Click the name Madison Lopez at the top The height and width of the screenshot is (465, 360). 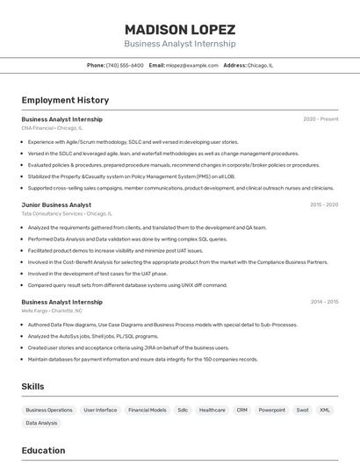click(179, 29)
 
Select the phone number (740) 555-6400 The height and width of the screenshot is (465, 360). click(125, 65)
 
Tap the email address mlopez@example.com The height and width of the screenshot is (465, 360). click(192, 65)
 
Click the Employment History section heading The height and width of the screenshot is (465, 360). click(65, 100)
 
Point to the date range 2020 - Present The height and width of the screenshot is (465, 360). click(320, 119)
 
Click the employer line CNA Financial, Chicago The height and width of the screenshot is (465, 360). click(52, 128)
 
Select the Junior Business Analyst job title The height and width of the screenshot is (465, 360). click(56, 204)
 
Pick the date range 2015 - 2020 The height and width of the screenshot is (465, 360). click(324, 204)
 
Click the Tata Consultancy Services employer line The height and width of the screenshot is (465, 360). click(67, 213)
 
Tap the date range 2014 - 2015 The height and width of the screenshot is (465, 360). click(324, 302)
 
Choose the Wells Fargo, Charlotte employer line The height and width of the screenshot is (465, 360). click(52, 311)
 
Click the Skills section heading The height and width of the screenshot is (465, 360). click(32, 386)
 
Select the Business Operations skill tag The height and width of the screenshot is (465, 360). click(49, 410)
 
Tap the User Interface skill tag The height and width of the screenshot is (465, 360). click(100, 410)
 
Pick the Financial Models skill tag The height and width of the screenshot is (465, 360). click(147, 410)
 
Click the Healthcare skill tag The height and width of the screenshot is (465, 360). click(212, 410)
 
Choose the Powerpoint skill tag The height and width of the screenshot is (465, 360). click(271, 410)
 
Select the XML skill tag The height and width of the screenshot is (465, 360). click(325, 410)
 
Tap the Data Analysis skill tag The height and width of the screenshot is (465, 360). click(41, 423)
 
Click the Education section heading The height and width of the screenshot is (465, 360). click(43, 451)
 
